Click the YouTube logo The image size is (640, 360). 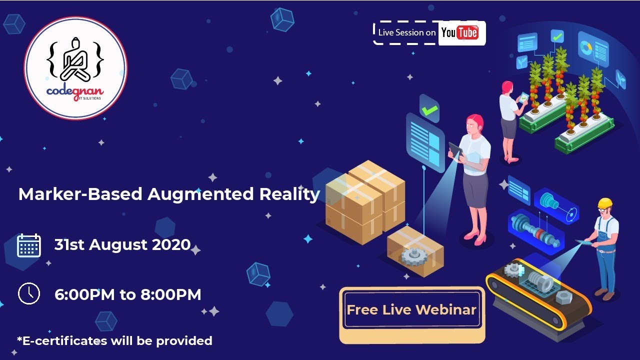(459, 33)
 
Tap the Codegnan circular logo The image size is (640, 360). (75, 68)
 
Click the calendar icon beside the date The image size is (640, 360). (29, 245)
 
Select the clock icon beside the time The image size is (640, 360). (28, 294)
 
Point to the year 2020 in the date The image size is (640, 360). (171, 245)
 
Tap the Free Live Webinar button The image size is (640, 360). (411, 310)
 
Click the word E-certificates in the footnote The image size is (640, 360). (62, 341)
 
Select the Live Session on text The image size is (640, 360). (407, 32)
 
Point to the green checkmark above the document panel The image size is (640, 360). (429, 110)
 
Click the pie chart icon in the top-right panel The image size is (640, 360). (585, 46)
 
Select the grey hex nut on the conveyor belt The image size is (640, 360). (563, 297)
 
